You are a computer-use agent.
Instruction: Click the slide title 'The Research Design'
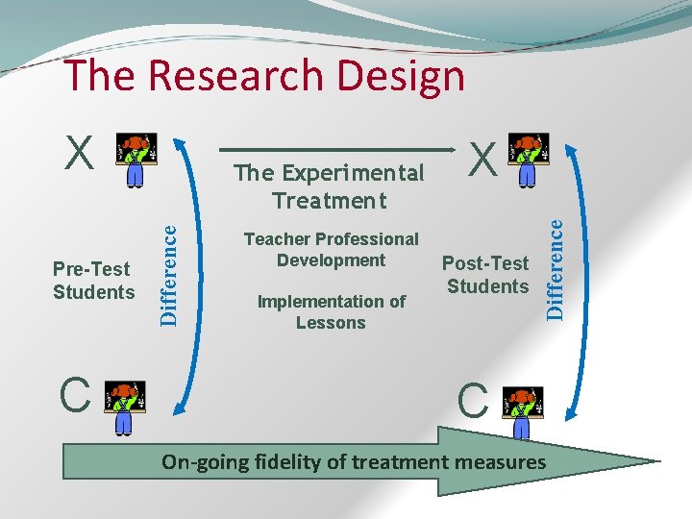click(263, 76)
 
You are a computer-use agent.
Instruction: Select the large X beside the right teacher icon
click(483, 158)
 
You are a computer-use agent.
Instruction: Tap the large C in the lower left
click(75, 395)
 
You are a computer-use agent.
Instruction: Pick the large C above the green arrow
click(473, 403)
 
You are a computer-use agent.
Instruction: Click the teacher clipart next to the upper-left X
click(136, 158)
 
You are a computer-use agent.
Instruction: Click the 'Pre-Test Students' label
click(93, 281)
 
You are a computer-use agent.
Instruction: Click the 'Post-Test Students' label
click(487, 275)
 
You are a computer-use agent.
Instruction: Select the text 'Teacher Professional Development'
click(331, 249)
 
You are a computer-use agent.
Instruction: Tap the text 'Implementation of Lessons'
click(331, 311)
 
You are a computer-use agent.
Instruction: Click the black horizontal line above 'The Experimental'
click(336, 150)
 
